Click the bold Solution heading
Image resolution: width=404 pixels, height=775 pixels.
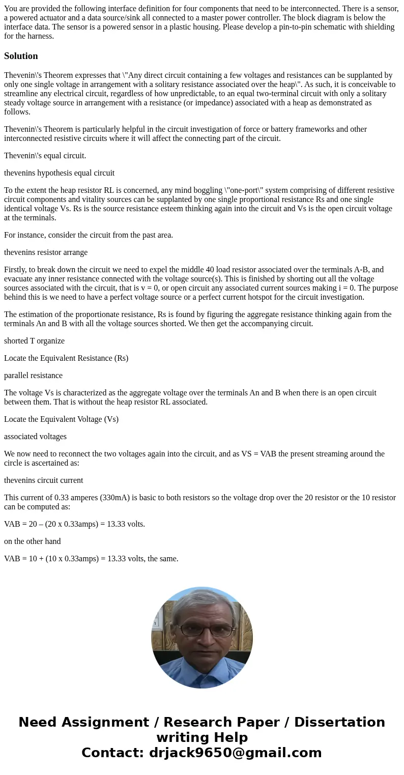click(x=21, y=56)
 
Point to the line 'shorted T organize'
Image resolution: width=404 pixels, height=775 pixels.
click(x=34, y=341)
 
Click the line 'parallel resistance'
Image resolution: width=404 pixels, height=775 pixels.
click(x=33, y=376)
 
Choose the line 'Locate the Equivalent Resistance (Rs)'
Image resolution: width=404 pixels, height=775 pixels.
click(x=66, y=358)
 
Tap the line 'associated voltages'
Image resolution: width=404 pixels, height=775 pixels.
click(x=35, y=437)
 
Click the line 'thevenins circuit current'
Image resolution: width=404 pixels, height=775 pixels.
click(x=43, y=480)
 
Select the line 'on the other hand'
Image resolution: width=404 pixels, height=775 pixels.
click(x=32, y=541)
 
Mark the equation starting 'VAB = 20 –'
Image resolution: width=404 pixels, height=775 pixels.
click(x=74, y=524)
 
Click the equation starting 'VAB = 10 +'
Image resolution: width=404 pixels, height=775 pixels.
click(x=91, y=559)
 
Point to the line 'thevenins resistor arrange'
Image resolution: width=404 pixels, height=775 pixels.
click(x=46, y=252)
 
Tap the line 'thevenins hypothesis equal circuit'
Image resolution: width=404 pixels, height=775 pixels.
click(x=59, y=173)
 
